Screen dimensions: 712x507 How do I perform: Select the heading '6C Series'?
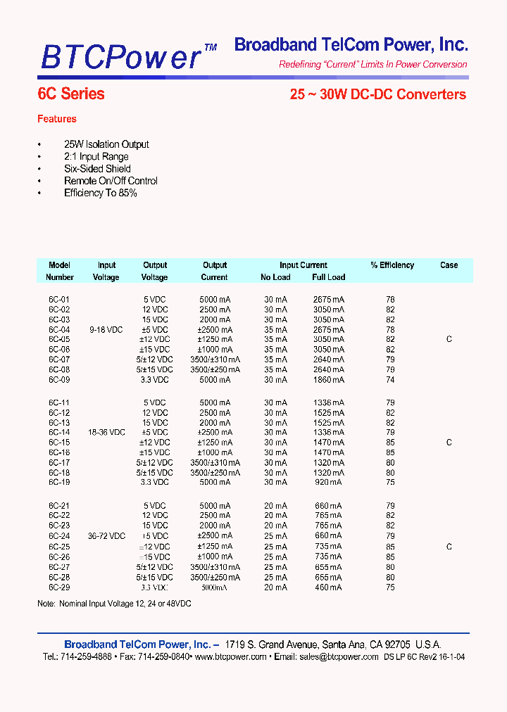point(70,94)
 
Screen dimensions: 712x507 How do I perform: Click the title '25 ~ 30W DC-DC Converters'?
point(377,94)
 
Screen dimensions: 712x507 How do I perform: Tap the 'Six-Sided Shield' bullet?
point(98,169)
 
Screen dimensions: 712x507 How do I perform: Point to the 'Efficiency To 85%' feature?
point(100,193)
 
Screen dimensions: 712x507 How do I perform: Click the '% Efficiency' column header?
point(392,265)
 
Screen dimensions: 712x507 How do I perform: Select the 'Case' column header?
point(449,265)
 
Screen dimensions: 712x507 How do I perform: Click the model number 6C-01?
point(59,300)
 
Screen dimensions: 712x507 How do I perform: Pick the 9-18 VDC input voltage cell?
point(106,329)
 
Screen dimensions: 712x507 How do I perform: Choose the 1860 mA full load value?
point(328,380)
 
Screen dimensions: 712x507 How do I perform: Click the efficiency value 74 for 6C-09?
point(390,380)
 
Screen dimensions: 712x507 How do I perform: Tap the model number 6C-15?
point(59,443)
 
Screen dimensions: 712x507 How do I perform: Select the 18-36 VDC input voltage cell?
point(106,433)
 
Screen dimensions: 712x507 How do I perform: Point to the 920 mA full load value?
point(328,483)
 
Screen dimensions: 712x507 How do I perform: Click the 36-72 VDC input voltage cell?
point(106,536)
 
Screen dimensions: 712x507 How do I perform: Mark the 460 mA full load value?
point(328,587)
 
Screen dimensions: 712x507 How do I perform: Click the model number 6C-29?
point(59,587)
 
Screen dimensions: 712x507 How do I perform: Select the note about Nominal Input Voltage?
point(114,604)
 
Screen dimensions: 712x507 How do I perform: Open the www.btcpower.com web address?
point(230,656)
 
